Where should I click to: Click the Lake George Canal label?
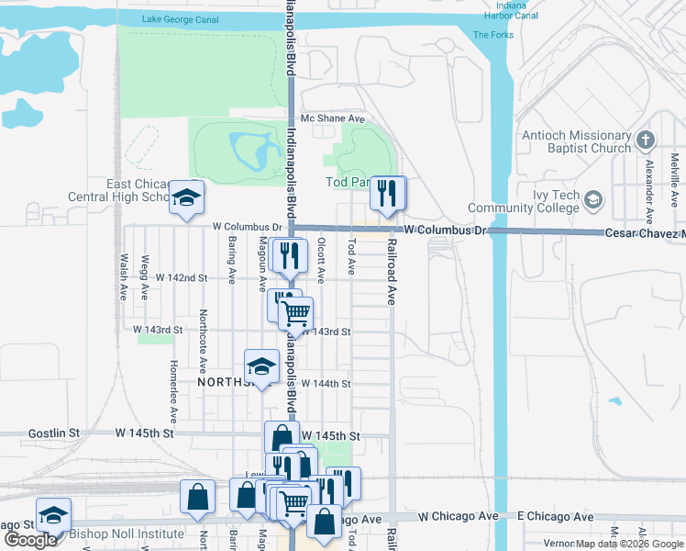(184, 19)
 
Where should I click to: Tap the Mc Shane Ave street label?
(334, 119)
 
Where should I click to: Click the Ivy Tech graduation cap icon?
(593, 199)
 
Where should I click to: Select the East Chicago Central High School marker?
(186, 198)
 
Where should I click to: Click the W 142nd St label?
(182, 276)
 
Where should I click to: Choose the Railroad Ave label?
(392, 273)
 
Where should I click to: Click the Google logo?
(31, 539)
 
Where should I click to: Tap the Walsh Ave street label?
(123, 277)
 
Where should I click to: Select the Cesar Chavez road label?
(645, 233)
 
